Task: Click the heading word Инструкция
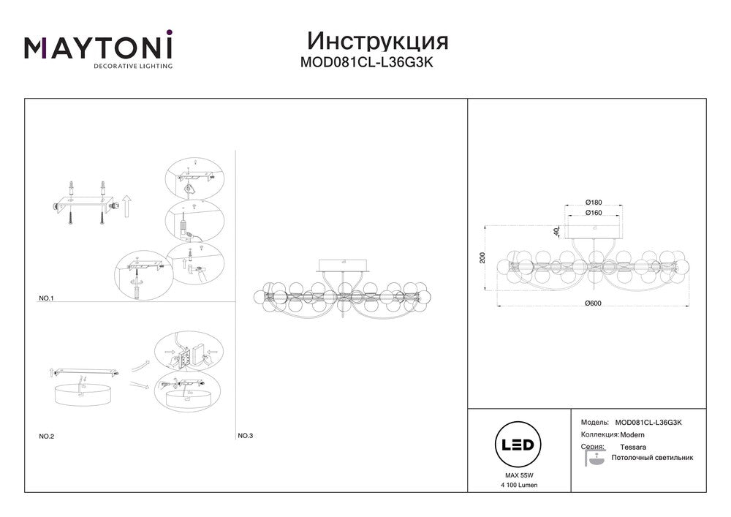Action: tap(378, 42)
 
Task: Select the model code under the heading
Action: tap(366, 62)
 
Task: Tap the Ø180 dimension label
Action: tap(594, 203)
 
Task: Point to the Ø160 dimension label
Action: tap(594, 213)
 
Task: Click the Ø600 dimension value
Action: tap(593, 303)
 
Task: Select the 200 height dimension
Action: tap(482, 258)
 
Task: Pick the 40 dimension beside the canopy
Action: tap(556, 231)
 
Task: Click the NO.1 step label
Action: tap(46, 298)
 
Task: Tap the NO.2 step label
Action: tap(46, 437)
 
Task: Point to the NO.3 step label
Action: tap(245, 436)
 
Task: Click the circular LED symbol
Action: tap(518, 445)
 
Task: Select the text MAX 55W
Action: tap(519, 475)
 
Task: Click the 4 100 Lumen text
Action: tap(519, 485)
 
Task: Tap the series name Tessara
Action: tap(633, 447)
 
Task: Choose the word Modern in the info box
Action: tap(632, 435)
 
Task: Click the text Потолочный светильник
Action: tap(652, 458)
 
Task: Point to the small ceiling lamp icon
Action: tap(594, 458)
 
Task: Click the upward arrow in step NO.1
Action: tap(126, 206)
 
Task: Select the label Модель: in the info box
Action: tap(594, 423)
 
